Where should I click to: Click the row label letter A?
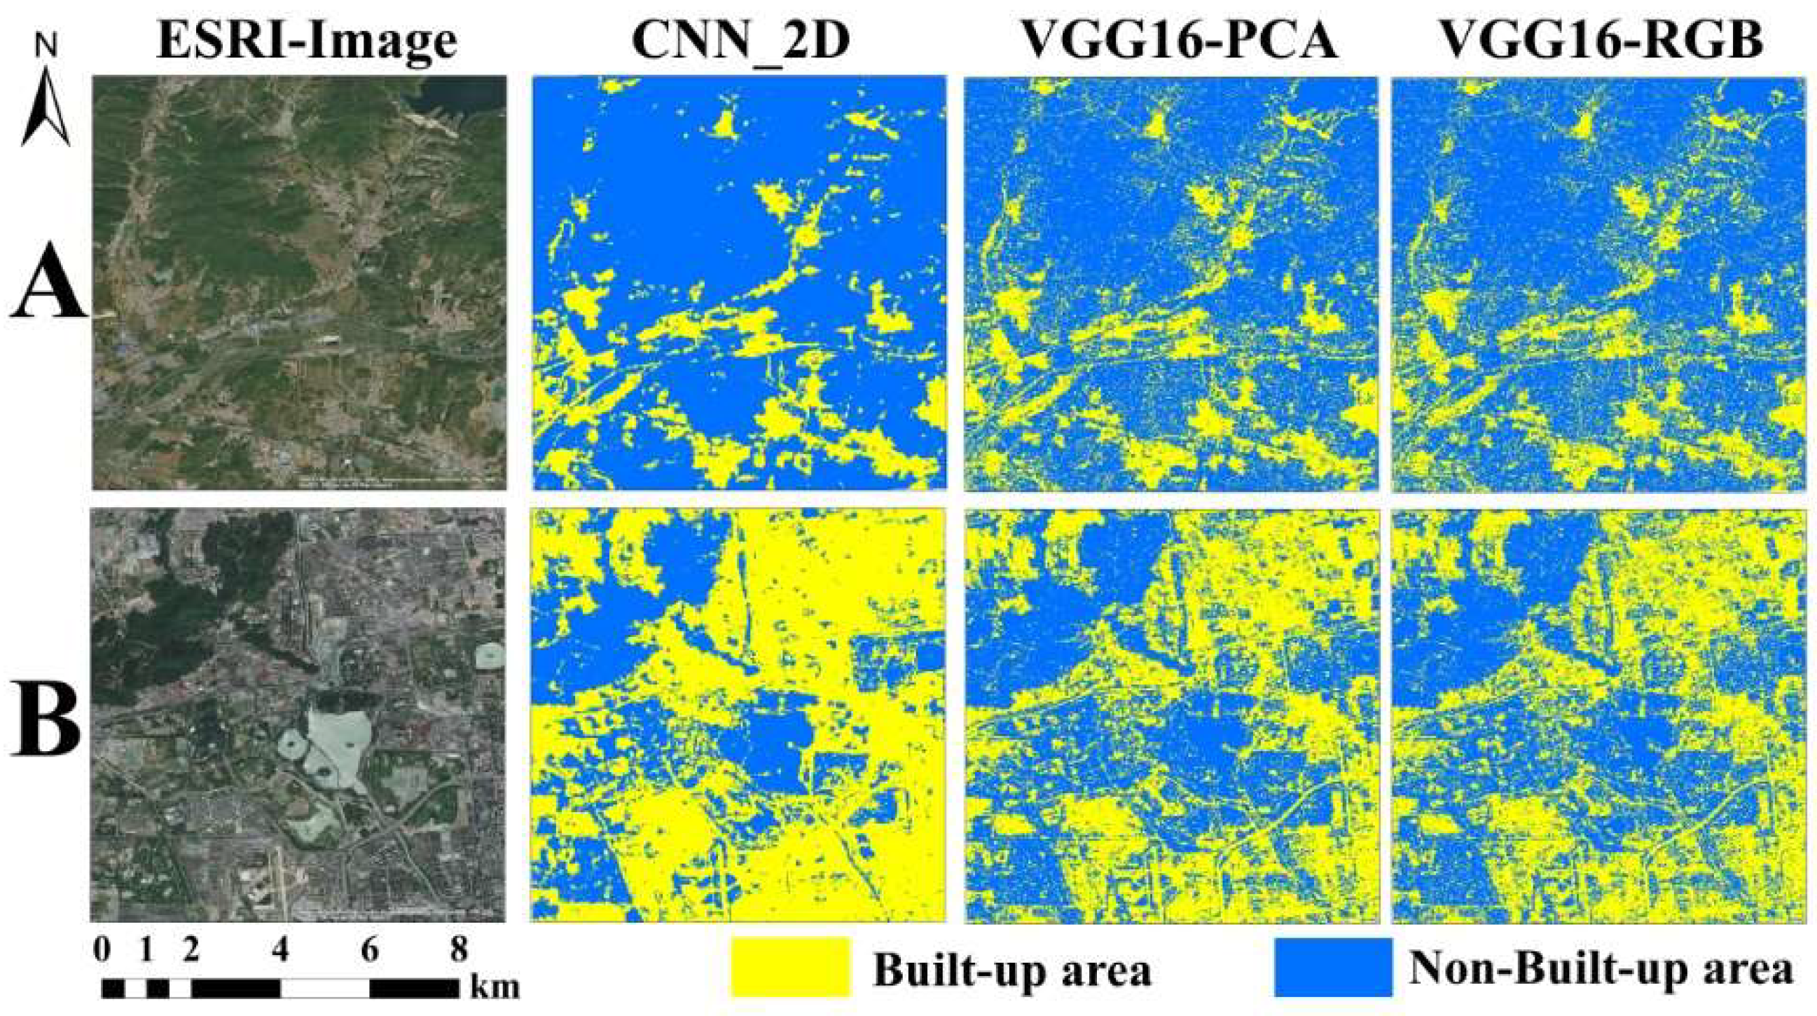tap(48, 295)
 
